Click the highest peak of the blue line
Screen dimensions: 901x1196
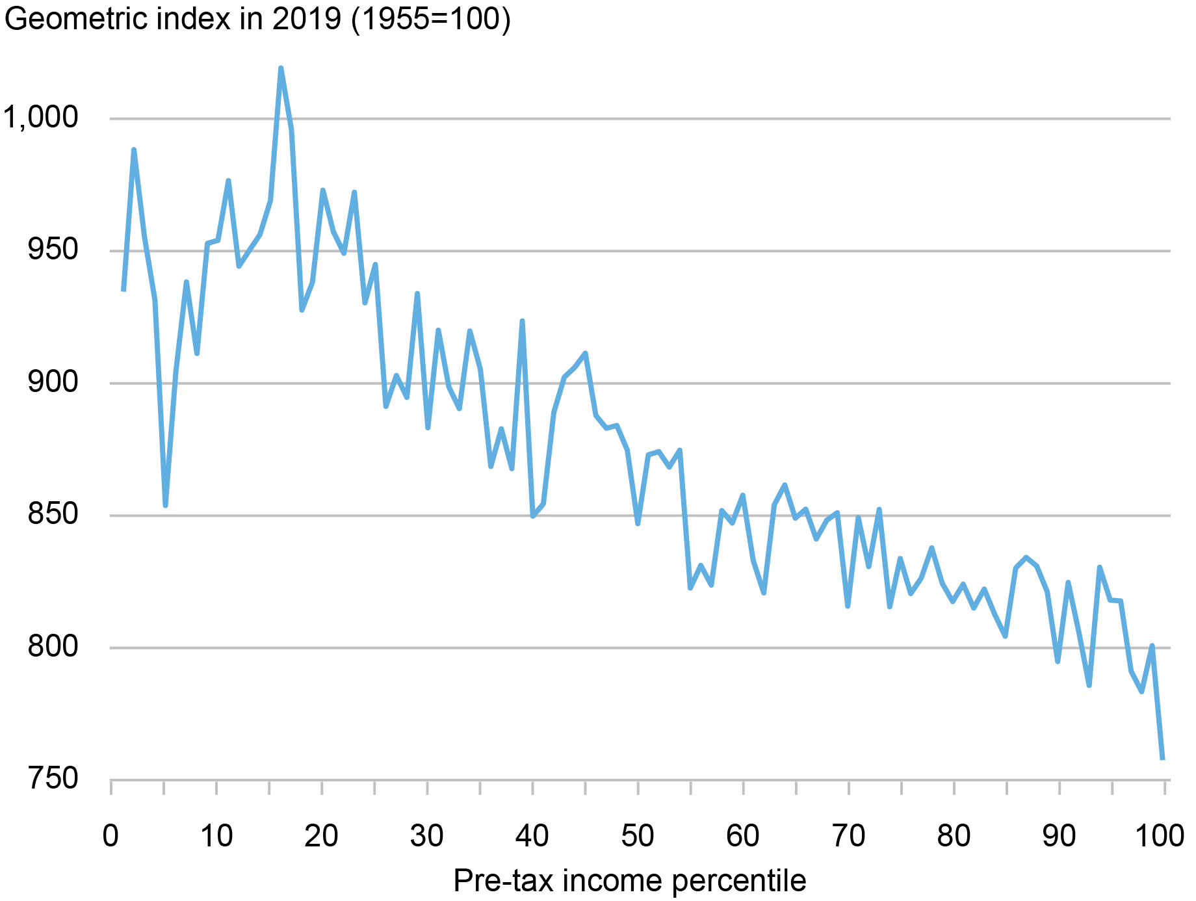tap(281, 68)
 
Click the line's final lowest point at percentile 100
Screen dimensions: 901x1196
tap(1163, 758)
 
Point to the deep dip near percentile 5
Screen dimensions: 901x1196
tap(166, 505)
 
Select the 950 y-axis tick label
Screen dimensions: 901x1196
tap(53, 250)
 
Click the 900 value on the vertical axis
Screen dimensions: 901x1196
tap(53, 382)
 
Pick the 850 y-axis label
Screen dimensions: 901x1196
tap(53, 515)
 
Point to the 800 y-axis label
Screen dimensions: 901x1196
tap(53, 647)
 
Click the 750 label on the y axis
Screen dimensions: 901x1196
tap(53, 779)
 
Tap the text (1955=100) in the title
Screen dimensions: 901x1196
tap(431, 20)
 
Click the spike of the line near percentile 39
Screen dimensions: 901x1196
tap(522, 321)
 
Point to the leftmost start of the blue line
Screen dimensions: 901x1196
tap(123, 290)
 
